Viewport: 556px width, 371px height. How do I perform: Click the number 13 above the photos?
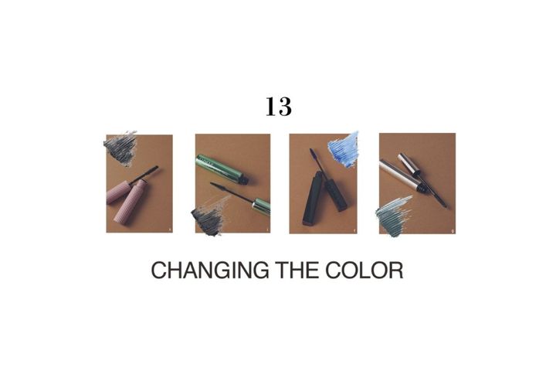click(x=279, y=107)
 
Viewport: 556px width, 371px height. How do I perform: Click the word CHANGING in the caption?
click(x=210, y=271)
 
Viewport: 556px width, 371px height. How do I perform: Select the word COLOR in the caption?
click(x=364, y=271)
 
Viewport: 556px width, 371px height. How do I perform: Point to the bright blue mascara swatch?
click(x=343, y=150)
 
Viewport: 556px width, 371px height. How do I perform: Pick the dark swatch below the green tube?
click(x=209, y=218)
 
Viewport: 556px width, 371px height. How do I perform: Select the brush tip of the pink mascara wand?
click(x=149, y=172)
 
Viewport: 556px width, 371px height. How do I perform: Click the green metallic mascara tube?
click(x=221, y=169)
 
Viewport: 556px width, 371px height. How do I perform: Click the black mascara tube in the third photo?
click(x=313, y=199)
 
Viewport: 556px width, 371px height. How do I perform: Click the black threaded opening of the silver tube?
click(x=422, y=188)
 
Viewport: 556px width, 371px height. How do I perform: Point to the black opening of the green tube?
click(x=243, y=180)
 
